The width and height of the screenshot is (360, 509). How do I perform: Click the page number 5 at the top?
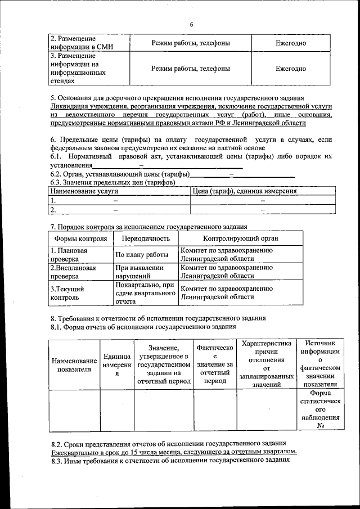[x=191, y=25]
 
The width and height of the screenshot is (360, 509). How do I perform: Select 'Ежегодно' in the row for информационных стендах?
[x=290, y=69]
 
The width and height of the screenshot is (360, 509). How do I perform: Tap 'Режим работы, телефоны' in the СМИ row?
[x=191, y=43]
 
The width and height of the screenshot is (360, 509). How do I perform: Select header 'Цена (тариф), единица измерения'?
[x=245, y=191]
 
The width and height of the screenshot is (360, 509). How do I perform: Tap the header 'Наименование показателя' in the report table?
[x=74, y=364]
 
